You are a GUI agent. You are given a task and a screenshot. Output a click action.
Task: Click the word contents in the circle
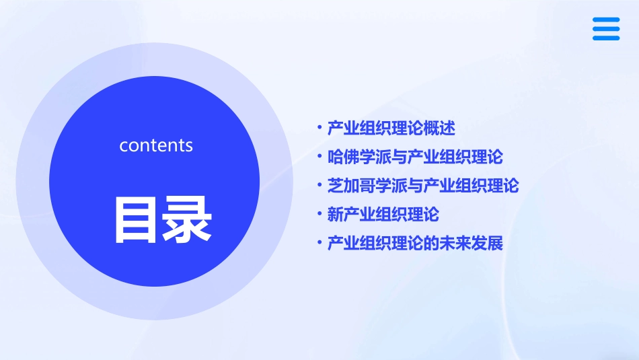(x=156, y=145)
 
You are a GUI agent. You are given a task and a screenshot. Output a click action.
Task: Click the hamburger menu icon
(x=606, y=29)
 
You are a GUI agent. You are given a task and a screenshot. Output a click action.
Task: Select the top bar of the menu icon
(x=606, y=20)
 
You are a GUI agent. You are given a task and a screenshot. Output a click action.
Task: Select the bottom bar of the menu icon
(x=606, y=38)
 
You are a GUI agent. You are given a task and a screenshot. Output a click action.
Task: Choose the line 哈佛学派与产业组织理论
(x=414, y=157)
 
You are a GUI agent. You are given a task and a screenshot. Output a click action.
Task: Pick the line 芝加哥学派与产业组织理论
(x=422, y=185)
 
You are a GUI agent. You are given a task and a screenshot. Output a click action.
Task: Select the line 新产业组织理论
(x=383, y=214)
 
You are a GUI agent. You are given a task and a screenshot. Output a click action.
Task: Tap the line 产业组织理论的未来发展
(x=414, y=243)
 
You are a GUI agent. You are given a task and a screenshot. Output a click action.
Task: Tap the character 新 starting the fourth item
(x=335, y=214)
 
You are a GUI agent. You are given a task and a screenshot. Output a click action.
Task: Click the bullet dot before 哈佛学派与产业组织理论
(x=320, y=157)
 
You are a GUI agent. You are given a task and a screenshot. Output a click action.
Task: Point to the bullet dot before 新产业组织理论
(x=320, y=214)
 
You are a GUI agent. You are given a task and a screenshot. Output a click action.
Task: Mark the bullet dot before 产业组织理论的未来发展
(x=320, y=243)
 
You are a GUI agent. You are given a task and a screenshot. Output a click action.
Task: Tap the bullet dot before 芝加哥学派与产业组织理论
(x=320, y=185)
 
